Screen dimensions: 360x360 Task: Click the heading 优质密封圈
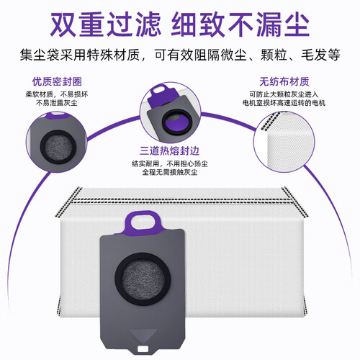[x=57, y=81]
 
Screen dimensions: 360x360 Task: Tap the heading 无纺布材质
[x=284, y=81]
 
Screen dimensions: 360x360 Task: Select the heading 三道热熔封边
[x=170, y=151]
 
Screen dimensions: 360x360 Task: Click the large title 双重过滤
[x=105, y=24]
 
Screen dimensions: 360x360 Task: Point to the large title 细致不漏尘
[x=240, y=24]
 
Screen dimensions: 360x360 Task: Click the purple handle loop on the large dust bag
[x=143, y=222]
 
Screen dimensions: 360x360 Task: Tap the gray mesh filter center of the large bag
[x=143, y=279]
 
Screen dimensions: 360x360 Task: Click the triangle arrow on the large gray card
[x=143, y=335]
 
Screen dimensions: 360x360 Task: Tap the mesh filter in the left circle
[x=58, y=147]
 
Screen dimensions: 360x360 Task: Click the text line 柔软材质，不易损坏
[x=57, y=94]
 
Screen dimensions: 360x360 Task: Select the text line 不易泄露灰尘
[x=57, y=103]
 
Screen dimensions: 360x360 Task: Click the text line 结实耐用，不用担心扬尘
[x=170, y=163]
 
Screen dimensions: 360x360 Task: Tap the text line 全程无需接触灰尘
[x=170, y=172]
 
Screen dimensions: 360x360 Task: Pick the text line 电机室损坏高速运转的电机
[x=284, y=103]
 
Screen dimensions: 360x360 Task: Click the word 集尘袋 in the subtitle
[x=40, y=55]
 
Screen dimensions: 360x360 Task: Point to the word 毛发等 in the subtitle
[x=320, y=55]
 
